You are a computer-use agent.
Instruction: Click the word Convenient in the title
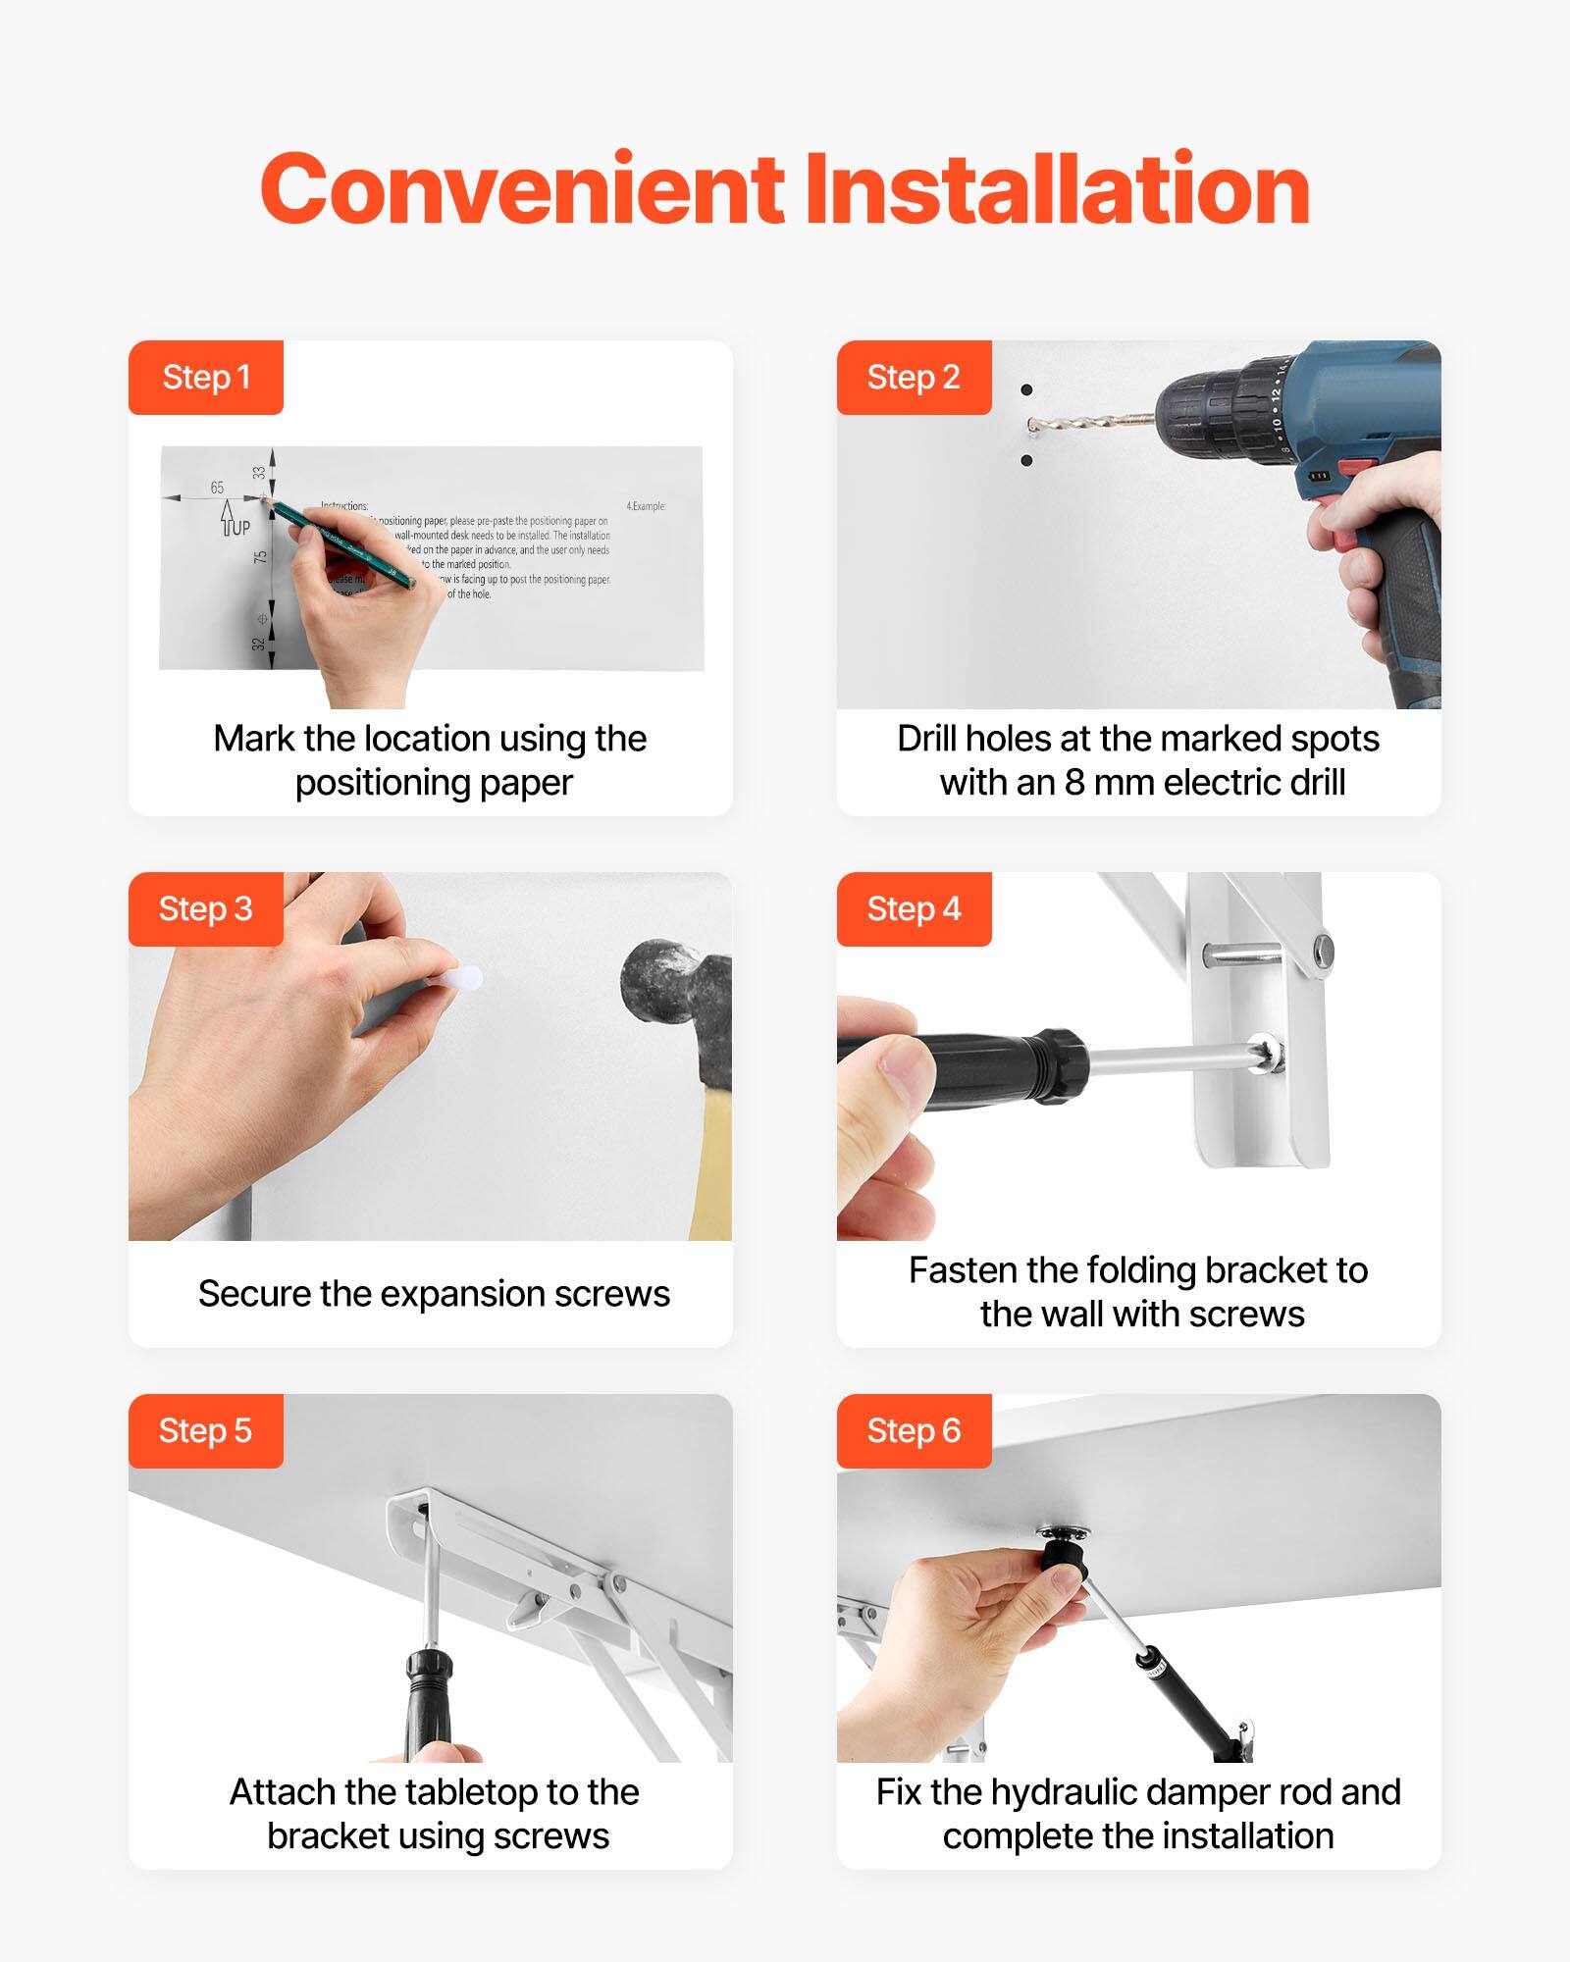click(522, 190)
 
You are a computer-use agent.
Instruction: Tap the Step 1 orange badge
click(206, 378)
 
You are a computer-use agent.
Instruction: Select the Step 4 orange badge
click(914, 909)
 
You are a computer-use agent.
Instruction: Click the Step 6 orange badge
click(914, 1431)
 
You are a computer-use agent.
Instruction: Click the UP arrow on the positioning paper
click(229, 517)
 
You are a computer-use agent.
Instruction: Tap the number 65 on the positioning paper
click(217, 488)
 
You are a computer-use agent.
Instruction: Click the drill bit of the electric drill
click(1089, 423)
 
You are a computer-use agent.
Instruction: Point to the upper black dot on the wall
click(1026, 390)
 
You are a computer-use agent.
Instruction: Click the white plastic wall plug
click(459, 978)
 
